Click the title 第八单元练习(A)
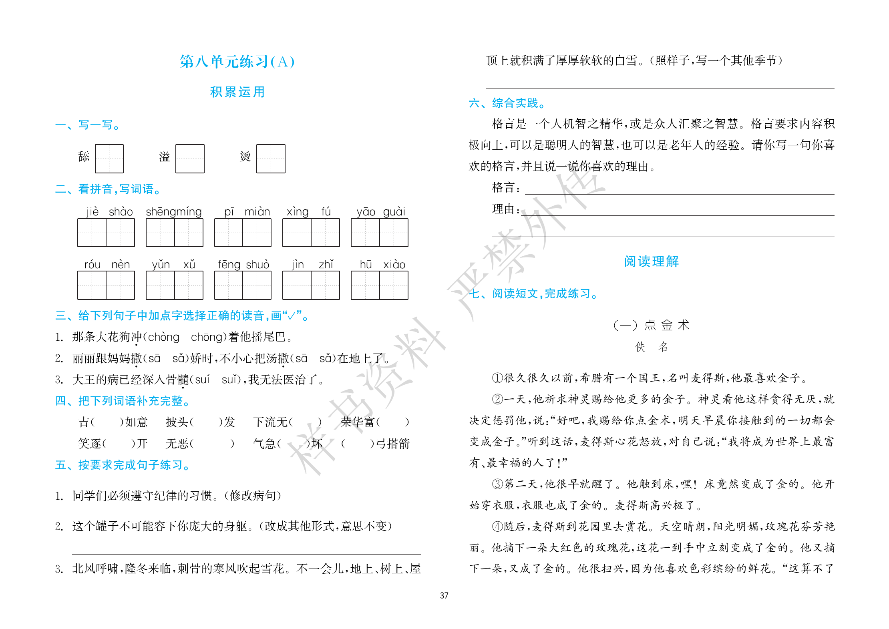pos(237,62)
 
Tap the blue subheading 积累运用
pos(237,92)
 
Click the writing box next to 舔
pos(109,159)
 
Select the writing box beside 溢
pos(190,159)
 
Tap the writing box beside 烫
pos(271,159)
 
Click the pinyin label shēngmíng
pos(174,211)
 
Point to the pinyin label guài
pos(394,211)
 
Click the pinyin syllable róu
pos(93,265)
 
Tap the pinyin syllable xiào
pos(394,265)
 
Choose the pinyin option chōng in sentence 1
pos(206,337)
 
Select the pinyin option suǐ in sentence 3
pos(231,380)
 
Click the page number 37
pos(444,595)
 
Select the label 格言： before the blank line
pos(506,187)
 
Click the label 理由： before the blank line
pos(506,209)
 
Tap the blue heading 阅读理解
pos(651,261)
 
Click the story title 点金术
pos(666,325)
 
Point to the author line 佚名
pos(651,347)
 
